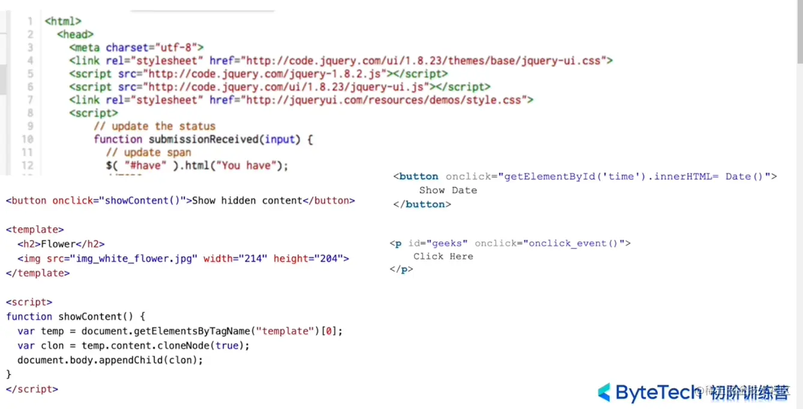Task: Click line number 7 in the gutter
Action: [30, 100]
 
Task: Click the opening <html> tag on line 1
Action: [63, 22]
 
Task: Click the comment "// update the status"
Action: [154, 126]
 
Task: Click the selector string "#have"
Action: [143, 166]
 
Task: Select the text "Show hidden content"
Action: [247, 200]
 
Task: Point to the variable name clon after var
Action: [52, 345]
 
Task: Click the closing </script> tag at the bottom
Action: [32, 389]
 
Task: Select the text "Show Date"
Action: [448, 190]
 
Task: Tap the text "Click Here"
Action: [443, 256]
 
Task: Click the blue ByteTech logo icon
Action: [604, 392]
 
